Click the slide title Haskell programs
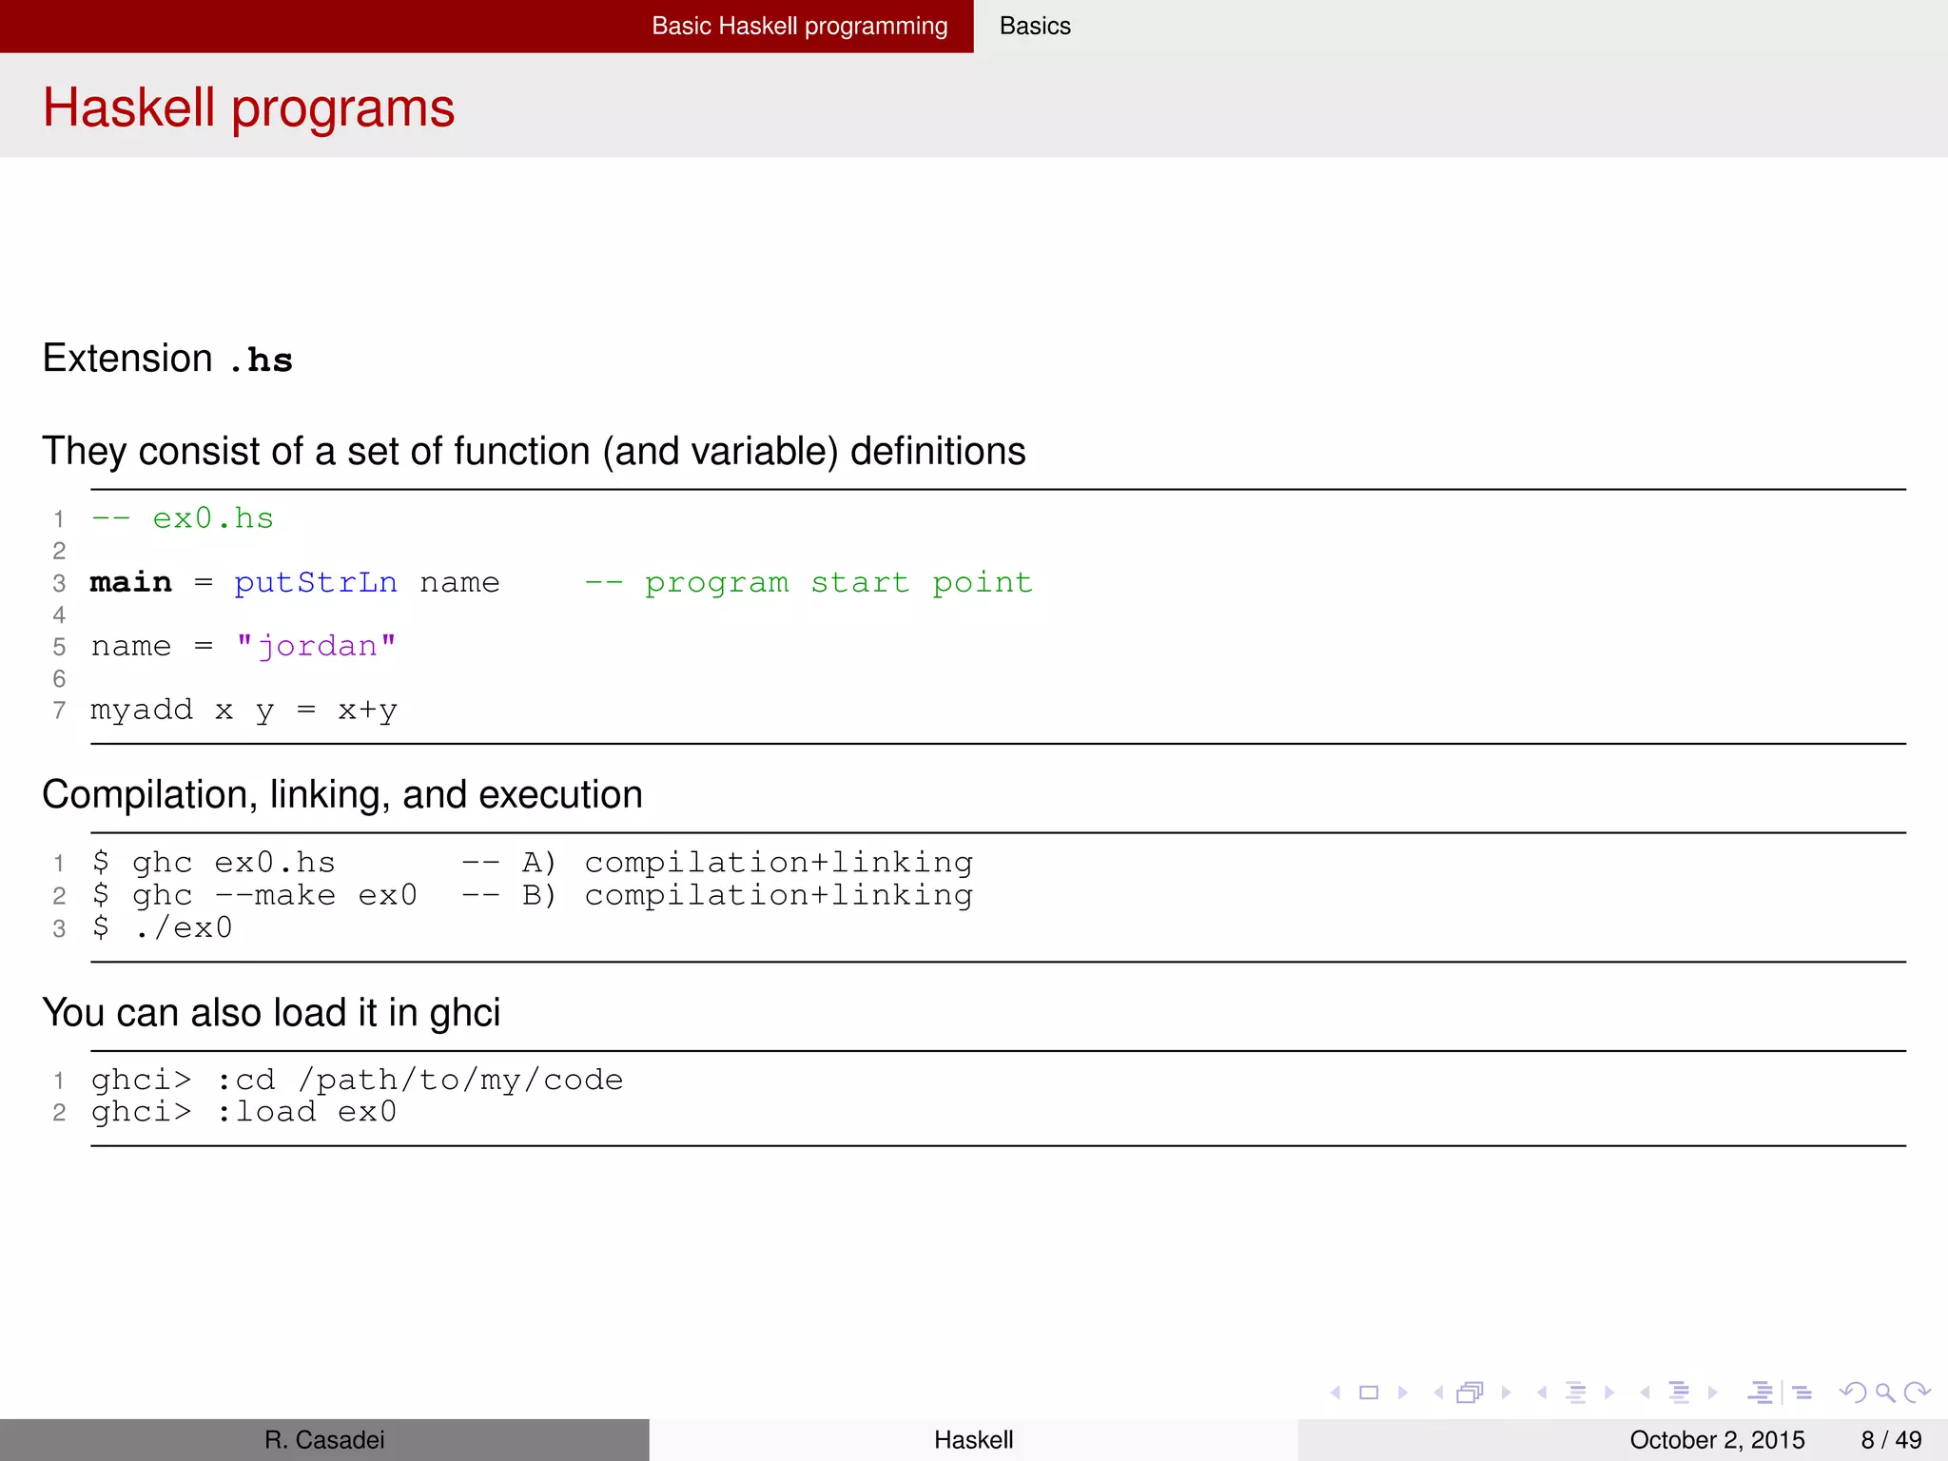click(248, 107)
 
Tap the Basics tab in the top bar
click(1035, 26)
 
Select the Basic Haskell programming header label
click(799, 26)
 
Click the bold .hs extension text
click(261, 360)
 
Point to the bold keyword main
click(131, 582)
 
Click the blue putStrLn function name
click(316, 582)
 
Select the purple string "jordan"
click(316, 647)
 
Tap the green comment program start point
click(837, 582)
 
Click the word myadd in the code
click(141, 710)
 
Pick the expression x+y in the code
click(367, 711)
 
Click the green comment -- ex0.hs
click(183, 518)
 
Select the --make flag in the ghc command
click(275, 895)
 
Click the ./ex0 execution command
click(184, 927)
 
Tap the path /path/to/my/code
click(460, 1080)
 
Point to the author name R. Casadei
click(324, 1440)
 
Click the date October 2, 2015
click(1717, 1440)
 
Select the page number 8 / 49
click(1891, 1440)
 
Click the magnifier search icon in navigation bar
click(1884, 1393)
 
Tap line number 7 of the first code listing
click(59, 711)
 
